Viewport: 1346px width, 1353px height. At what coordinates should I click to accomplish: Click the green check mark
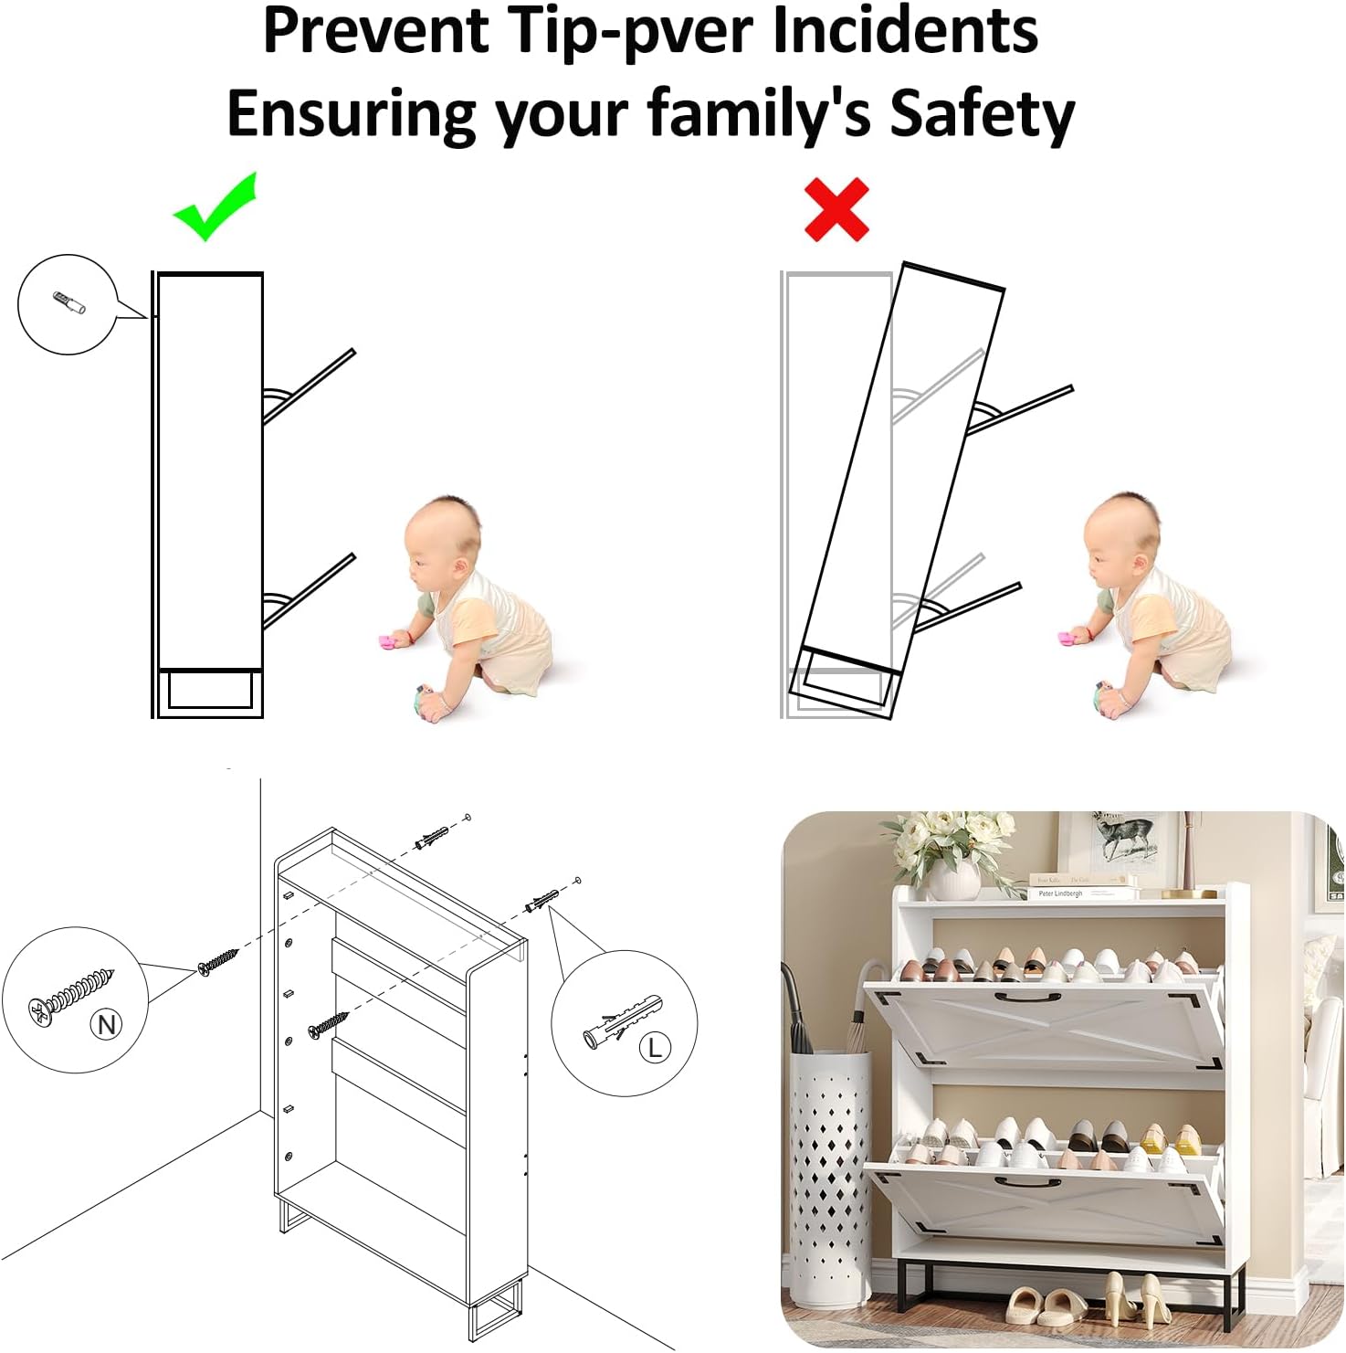(216, 208)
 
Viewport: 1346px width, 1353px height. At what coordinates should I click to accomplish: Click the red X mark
(836, 210)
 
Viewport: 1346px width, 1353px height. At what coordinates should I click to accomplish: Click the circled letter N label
(107, 1024)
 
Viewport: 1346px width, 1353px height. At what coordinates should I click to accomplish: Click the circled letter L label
(654, 1047)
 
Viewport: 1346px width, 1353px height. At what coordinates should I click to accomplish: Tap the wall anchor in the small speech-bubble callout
(69, 302)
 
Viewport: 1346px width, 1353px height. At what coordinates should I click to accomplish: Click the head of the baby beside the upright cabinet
(442, 544)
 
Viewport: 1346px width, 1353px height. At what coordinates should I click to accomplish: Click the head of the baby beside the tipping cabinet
(1122, 543)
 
